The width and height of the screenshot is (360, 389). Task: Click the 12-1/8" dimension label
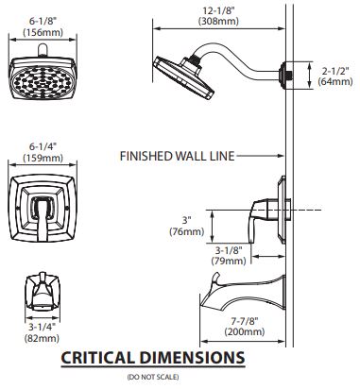point(218,10)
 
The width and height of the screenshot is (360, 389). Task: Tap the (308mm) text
point(218,21)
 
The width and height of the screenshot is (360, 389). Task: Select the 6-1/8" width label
point(43,21)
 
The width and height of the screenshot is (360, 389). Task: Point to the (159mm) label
point(43,158)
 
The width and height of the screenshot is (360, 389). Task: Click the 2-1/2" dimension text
point(335,71)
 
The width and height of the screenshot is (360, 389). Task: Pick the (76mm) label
point(187,231)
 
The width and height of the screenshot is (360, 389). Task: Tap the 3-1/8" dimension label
point(229,250)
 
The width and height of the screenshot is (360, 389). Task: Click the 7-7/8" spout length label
point(245,321)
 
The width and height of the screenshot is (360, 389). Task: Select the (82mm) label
point(42,338)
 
